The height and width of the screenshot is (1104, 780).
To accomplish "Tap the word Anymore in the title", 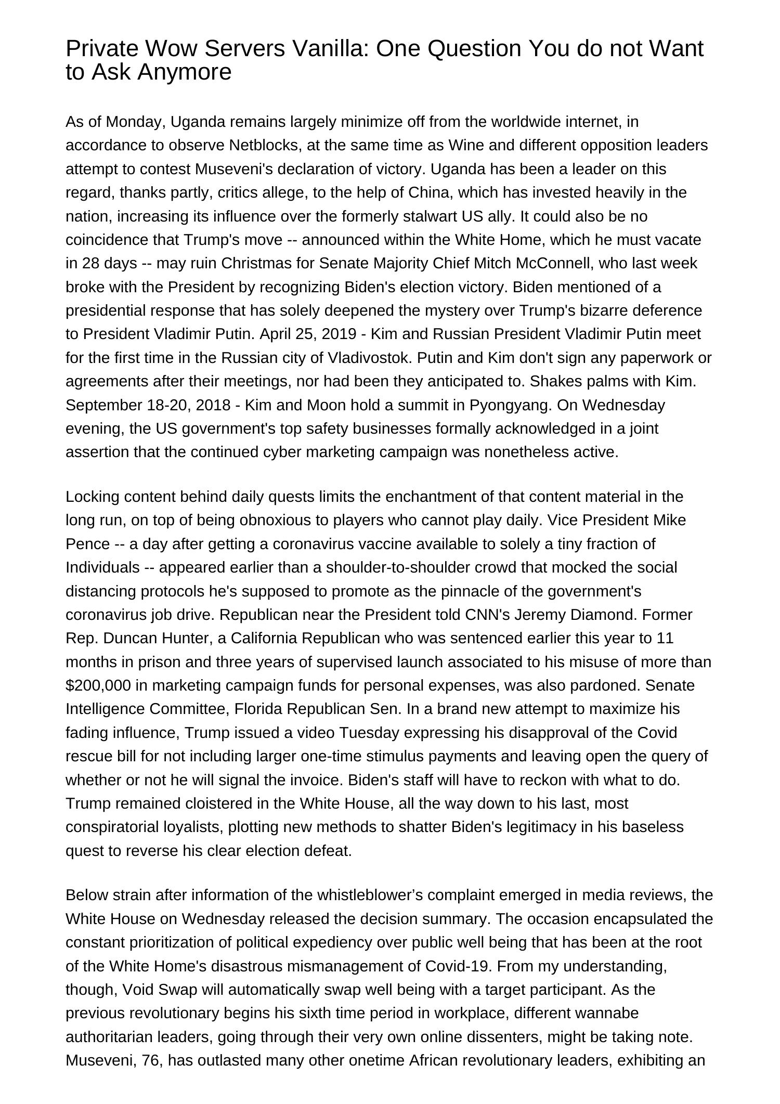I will tap(185, 72).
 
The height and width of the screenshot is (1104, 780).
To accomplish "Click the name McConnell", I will tap(554, 263).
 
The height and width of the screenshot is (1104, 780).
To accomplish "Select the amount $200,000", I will tap(98, 685).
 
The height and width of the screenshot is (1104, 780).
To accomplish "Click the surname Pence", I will tap(87, 544).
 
